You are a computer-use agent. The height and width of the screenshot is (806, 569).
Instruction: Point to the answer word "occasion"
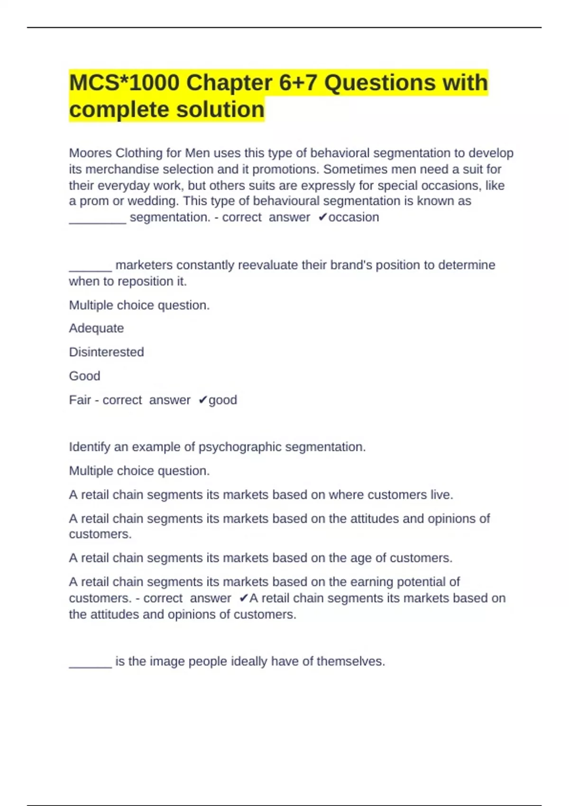point(354,217)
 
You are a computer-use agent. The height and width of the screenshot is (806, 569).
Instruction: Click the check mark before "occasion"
point(322,217)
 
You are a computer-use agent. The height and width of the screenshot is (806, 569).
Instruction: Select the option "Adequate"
point(96,328)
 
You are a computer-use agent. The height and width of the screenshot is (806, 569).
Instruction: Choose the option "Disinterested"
point(106,352)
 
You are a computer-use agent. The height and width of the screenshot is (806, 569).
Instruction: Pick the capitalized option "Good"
point(84,376)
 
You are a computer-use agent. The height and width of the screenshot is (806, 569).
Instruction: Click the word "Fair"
point(80,400)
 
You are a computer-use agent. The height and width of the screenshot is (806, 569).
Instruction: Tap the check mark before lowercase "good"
point(202,400)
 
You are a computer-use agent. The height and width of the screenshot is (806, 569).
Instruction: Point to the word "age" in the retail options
point(361,558)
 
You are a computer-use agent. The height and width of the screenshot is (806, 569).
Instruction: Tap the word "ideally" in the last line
point(248,661)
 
